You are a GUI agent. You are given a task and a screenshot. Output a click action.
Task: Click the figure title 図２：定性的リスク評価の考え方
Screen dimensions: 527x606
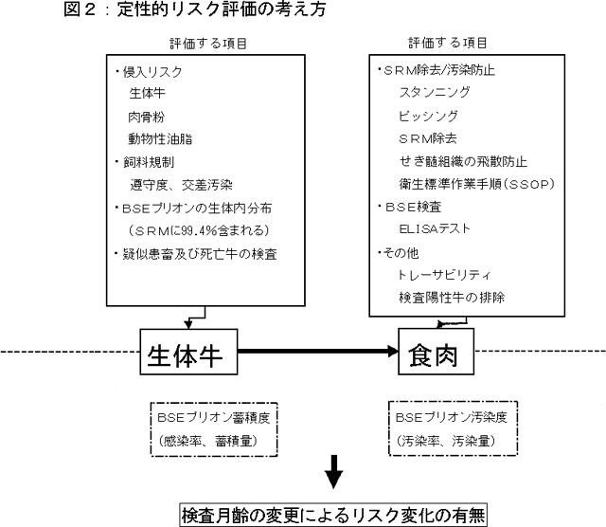141,11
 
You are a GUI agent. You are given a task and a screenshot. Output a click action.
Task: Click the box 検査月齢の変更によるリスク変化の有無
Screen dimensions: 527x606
333,514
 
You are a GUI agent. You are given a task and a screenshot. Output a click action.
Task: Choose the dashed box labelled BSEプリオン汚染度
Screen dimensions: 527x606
445,427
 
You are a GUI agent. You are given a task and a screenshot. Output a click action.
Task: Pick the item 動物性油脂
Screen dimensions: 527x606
160,140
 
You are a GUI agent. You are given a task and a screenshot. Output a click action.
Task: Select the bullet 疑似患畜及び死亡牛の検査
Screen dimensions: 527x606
199,254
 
